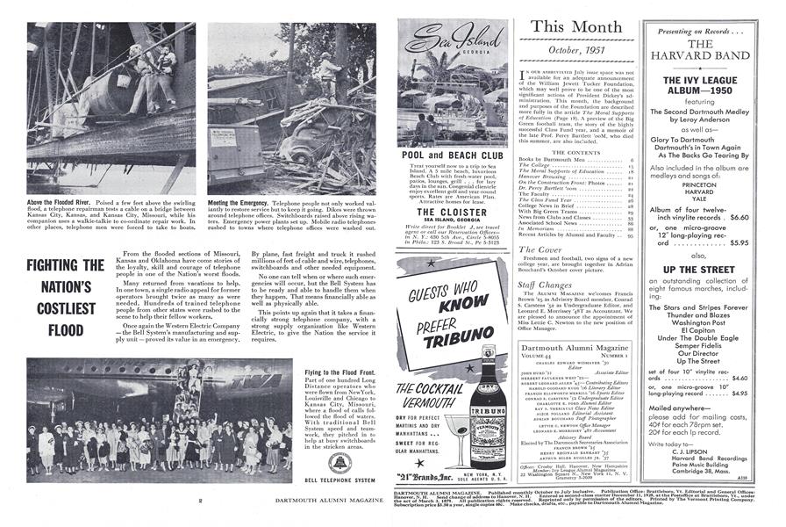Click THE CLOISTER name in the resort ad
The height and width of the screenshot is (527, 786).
(453, 212)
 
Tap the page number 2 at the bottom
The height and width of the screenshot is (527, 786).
(201, 501)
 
